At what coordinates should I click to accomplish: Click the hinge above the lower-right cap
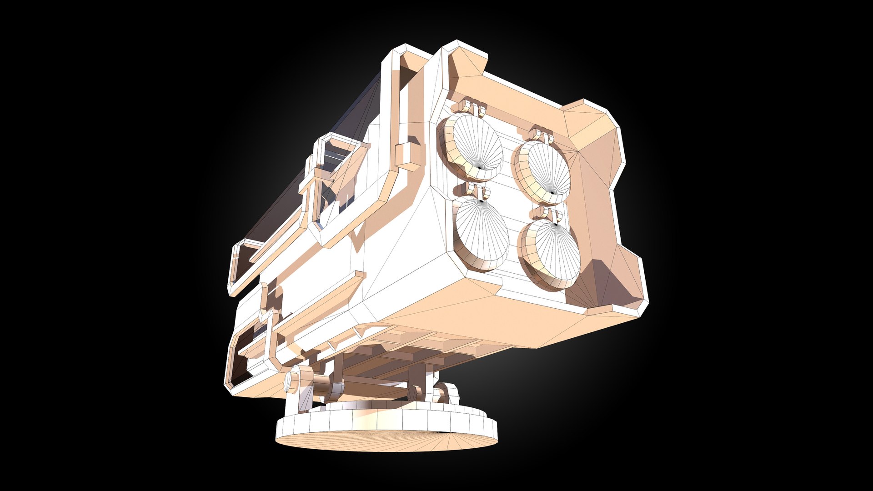click(546, 216)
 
